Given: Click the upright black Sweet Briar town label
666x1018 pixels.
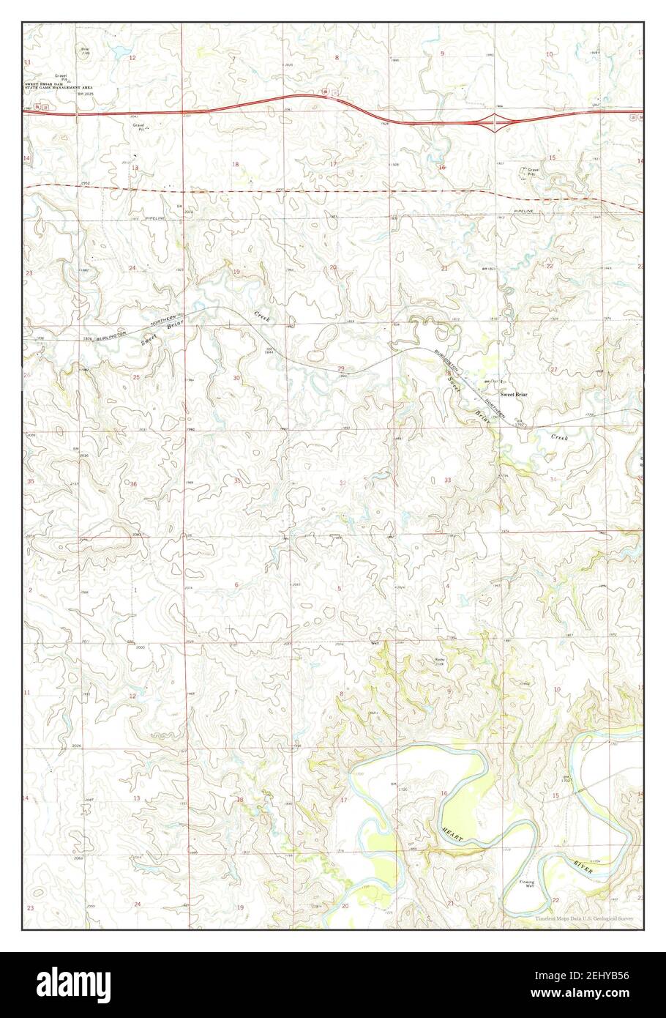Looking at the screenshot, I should click(513, 394).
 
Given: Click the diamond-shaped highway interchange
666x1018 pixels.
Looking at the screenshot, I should click(498, 122).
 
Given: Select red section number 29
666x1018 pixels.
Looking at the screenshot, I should click(341, 368).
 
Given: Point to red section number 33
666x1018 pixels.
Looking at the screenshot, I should click(447, 480).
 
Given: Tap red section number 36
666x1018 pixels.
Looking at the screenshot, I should click(133, 484).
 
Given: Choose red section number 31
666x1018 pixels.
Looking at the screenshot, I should click(237, 481).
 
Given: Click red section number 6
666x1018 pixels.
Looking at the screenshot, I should click(236, 584).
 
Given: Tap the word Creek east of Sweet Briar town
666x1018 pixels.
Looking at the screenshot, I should click(559, 436).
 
